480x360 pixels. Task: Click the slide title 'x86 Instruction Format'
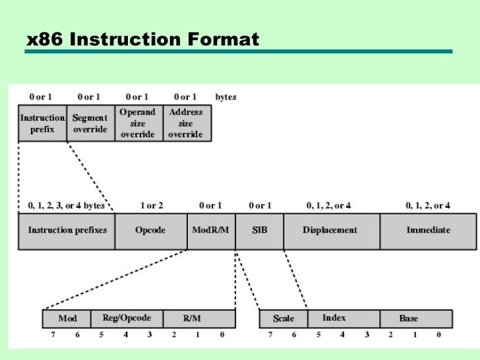pyautogui.click(x=142, y=40)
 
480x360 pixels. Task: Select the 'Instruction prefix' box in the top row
pyautogui.click(x=42, y=123)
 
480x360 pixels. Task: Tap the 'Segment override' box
pyautogui.click(x=90, y=123)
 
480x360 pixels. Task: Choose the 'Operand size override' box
pyautogui.click(x=138, y=123)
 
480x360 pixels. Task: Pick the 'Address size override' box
pyautogui.click(x=186, y=123)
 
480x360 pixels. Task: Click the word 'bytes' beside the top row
pyautogui.click(x=225, y=97)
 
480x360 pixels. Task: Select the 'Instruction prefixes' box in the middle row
pyautogui.click(x=67, y=231)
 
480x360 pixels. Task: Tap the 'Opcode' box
pyautogui.click(x=151, y=231)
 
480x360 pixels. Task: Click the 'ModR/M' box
pyautogui.click(x=211, y=231)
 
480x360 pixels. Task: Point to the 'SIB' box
pyautogui.click(x=259, y=231)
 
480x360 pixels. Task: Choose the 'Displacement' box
pyautogui.click(x=331, y=231)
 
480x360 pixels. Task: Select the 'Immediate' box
pyautogui.click(x=428, y=231)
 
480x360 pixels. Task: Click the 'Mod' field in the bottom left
pyautogui.click(x=67, y=319)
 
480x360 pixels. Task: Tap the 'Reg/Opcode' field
pyautogui.click(x=127, y=319)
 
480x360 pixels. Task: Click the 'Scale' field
pyautogui.click(x=284, y=319)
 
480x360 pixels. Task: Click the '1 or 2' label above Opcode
pyautogui.click(x=151, y=206)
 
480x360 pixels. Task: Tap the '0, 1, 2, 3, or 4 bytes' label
pyautogui.click(x=66, y=206)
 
